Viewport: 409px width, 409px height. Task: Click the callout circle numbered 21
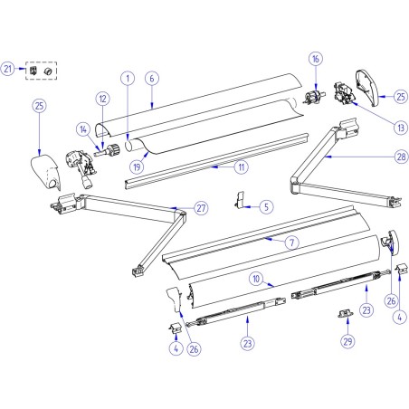click(x=8, y=69)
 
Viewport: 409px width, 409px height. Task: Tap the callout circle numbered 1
click(x=128, y=78)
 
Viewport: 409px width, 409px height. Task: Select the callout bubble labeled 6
click(x=151, y=78)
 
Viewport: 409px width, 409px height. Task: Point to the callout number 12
click(x=103, y=98)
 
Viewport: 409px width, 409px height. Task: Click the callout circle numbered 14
click(x=83, y=129)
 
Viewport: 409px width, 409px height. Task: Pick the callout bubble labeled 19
click(x=138, y=166)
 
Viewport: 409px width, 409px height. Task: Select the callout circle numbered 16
click(x=315, y=60)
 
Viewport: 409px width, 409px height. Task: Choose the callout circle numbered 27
click(x=201, y=207)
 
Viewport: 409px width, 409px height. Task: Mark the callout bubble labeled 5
click(x=265, y=206)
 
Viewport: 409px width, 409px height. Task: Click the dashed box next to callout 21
click(x=41, y=70)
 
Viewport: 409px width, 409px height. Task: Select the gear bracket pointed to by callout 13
click(x=345, y=91)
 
